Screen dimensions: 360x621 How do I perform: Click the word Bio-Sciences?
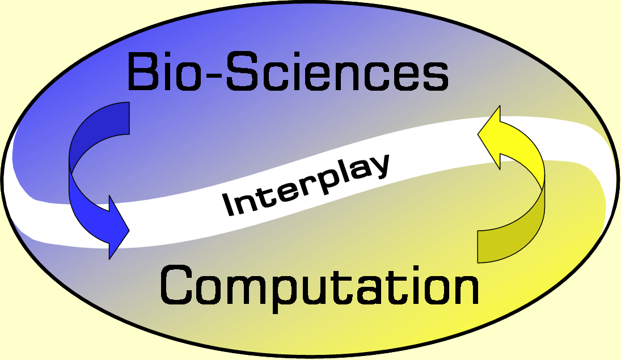tap(288, 72)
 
